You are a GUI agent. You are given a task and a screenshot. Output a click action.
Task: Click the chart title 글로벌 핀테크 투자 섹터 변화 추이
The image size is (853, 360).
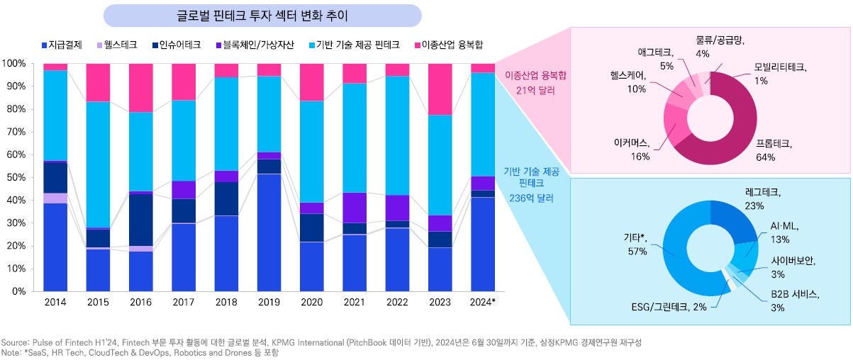pos(262,15)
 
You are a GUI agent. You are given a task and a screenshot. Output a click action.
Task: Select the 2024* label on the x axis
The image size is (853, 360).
pos(483,303)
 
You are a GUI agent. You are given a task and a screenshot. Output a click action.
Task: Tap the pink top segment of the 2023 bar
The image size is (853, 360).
pos(440,89)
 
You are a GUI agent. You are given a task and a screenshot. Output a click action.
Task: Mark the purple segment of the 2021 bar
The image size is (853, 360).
pos(355,207)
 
